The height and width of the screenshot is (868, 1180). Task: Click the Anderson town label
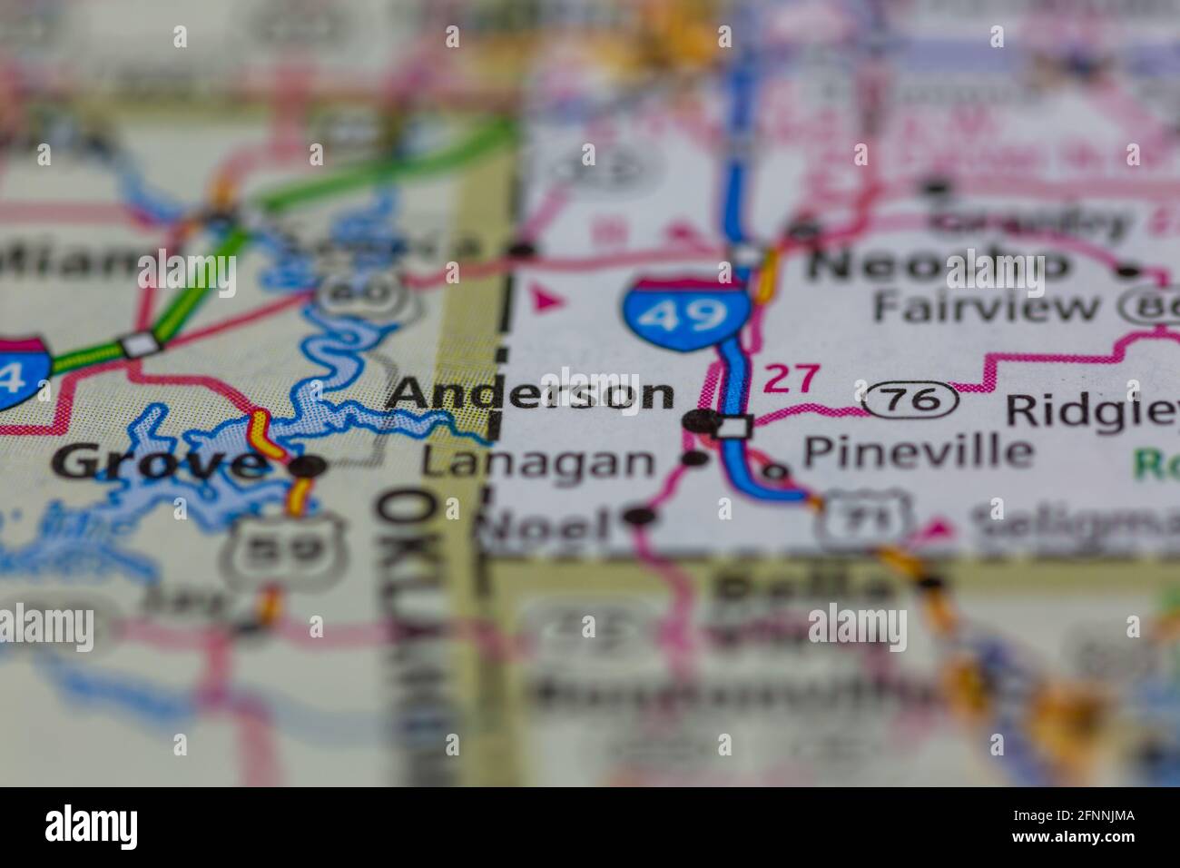coord(530,394)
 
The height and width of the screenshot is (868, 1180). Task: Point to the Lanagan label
coord(538,463)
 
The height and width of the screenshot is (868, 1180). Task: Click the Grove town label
coord(157,464)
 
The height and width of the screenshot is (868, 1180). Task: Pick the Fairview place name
coord(985,307)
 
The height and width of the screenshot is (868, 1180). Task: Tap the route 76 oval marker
coord(910,399)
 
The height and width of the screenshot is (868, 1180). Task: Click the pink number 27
coord(791,379)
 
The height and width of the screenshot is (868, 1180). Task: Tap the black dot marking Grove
coord(307,467)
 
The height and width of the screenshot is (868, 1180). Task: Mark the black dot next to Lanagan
coord(694,459)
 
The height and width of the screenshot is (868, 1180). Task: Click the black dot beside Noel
coord(640,517)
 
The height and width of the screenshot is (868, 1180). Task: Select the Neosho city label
coord(939,265)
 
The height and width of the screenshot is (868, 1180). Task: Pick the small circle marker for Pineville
coord(774,471)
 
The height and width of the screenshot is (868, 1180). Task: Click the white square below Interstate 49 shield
coord(733,425)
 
